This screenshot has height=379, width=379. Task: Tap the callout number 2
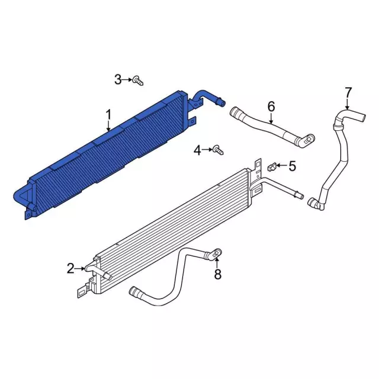pyautogui.click(x=70, y=268)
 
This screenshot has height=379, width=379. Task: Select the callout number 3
pyautogui.click(x=118, y=79)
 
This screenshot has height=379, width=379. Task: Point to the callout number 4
pyautogui.click(x=197, y=150)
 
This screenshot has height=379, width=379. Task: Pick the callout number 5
pyautogui.click(x=292, y=166)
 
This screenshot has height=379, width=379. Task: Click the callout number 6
pyautogui.click(x=271, y=107)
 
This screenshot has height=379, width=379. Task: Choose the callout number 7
pyautogui.click(x=348, y=92)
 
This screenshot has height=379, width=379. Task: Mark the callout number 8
pyautogui.click(x=218, y=274)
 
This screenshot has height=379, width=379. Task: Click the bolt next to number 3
pyautogui.click(x=138, y=81)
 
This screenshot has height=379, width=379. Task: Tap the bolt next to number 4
pyautogui.click(x=218, y=150)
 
